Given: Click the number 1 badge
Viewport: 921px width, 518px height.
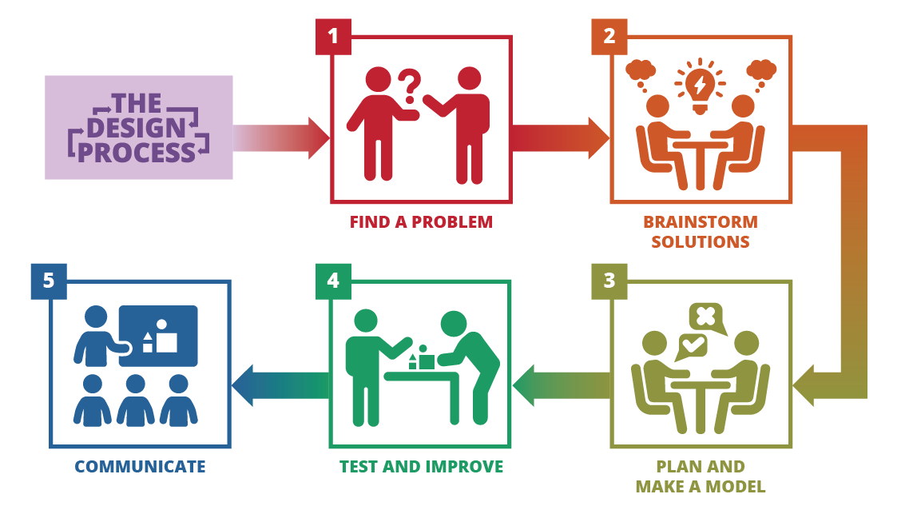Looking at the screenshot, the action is point(333,37).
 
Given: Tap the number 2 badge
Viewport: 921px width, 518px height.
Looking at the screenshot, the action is point(609,37).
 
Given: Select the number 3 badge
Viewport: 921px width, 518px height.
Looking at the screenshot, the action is point(609,281).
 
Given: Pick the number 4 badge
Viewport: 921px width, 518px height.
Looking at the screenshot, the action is point(333,281).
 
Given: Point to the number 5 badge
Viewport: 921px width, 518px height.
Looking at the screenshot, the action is point(49,281).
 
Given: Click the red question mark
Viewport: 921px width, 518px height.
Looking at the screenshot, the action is point(410,86).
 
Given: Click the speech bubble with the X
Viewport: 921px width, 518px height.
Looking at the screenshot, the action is point(707,318).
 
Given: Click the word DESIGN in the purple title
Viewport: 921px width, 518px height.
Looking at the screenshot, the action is point(136,128).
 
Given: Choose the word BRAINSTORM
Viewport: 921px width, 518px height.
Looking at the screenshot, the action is point(701,222).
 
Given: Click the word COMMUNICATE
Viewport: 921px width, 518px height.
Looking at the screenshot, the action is point(140,467).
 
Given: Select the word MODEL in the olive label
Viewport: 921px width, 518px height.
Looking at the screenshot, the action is point(735,487).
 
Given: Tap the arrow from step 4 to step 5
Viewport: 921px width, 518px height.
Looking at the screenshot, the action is point(280,386).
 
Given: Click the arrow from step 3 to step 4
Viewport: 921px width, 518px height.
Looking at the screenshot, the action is point(562,386).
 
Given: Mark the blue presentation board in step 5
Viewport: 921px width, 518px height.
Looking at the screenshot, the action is point(158,336).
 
